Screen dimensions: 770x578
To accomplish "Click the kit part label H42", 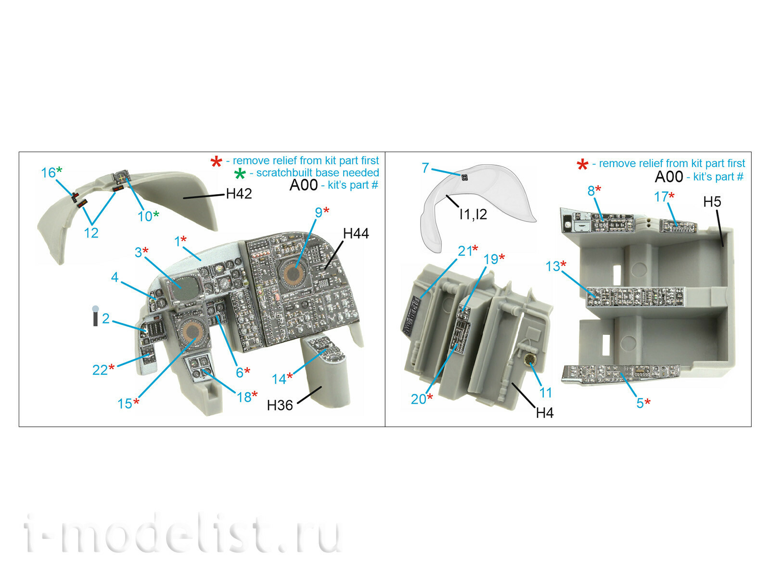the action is [239, 194].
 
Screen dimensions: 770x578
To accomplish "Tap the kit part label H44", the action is [356, 234].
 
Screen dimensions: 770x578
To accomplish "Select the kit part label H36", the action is [280, 406].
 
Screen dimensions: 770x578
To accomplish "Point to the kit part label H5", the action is [712, 201].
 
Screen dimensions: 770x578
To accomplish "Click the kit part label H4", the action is [544, 413].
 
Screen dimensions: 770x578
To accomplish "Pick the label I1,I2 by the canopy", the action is [473, 214].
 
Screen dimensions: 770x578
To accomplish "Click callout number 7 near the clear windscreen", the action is [425, 168].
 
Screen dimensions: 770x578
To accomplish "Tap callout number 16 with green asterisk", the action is [49, 172].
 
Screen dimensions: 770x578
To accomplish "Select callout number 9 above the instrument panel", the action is [319, 212].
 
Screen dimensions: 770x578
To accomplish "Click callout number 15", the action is [125, 404].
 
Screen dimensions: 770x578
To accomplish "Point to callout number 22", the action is [100, 370].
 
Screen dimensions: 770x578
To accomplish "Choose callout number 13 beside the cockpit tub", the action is [552, 266].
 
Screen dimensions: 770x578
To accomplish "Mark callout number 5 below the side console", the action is [640, 403].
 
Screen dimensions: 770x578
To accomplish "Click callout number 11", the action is [545, 393].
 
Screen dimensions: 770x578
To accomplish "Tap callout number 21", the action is [465, 251].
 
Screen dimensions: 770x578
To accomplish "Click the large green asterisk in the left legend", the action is [240, 173].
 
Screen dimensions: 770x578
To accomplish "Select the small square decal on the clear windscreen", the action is [465, 178].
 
